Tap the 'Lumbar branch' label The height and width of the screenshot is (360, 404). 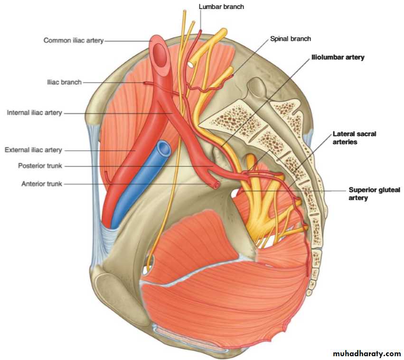tap(221, 7)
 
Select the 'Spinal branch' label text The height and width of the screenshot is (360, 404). tap(290, 39)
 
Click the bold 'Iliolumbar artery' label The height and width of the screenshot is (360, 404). tap(338, 57)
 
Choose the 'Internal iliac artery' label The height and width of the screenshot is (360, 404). tap(34, 113)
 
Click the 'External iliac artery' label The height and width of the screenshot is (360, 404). tap(33, 150)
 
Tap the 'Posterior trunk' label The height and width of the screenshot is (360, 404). tap(40, 166)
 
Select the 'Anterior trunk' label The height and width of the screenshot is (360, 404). tap(41, 184)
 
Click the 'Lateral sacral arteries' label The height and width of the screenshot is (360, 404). tap(354, 138)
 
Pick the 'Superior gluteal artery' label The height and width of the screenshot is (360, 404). tap(374, 194)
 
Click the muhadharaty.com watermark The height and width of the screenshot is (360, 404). tap(366, 353)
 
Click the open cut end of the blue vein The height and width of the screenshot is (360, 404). tap(164, 149)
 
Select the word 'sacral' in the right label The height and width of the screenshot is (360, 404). tap(365, 134)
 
